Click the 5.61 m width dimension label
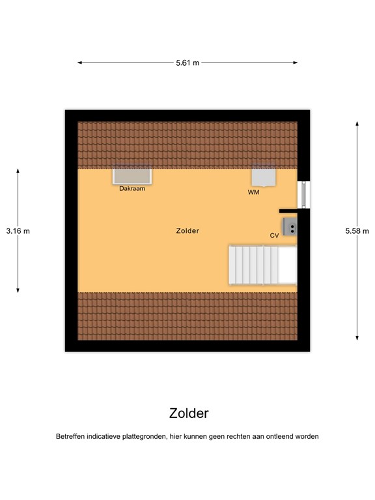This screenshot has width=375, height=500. pos(187,62)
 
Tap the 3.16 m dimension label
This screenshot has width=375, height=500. pos(18,230)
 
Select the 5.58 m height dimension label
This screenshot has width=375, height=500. pos(357,230)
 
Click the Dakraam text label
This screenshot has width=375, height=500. pos(132,189)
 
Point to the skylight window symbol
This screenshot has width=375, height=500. pos(132,176)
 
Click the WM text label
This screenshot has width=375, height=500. pos(253,193)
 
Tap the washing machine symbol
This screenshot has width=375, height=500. pos(264,176)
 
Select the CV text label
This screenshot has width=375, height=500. pos(274,236)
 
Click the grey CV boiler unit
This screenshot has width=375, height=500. pos(289,227)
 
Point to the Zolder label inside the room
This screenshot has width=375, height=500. pos(187,231)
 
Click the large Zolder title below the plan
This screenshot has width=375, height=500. pos(189,413)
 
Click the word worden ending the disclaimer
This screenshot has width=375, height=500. pos(306,437)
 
